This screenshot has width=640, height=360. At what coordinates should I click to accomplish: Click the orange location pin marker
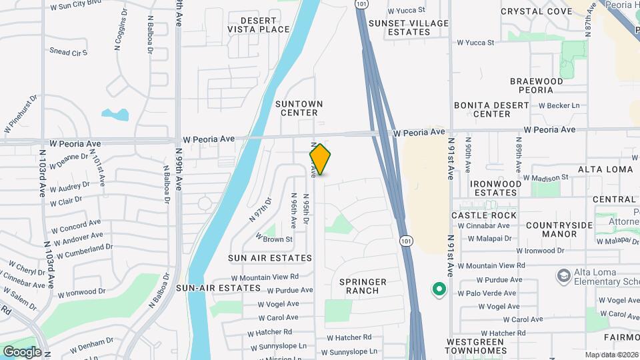(x=320, y=159)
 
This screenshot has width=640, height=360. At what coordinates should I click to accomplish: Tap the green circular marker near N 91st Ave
(x=439, y=289)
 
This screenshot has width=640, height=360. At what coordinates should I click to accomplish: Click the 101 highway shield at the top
(x=361, y=5)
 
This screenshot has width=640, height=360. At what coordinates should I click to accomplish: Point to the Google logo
(x=22, y=351)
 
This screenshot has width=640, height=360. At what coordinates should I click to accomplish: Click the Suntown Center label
(x=299, y=108)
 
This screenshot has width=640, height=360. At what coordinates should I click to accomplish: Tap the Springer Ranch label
(x=363, y=286)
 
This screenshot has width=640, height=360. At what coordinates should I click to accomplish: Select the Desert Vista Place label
(x=259, y=25)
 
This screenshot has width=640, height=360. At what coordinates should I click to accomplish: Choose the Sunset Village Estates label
(x=409, y=27)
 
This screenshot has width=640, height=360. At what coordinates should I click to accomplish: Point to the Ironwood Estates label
(x=495, y=188)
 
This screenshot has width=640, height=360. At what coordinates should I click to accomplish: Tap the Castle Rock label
(x=484, y=215)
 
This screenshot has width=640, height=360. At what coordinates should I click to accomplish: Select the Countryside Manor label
(x=559, y=229)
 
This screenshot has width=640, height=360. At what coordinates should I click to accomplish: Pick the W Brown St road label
(x=274, y=239)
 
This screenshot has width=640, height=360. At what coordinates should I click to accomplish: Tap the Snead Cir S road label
(x=69, y=52)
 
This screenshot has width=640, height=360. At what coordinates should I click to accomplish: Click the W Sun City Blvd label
(x=80, y=6)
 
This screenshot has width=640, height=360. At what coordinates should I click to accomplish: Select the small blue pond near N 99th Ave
(x=116, y=115)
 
